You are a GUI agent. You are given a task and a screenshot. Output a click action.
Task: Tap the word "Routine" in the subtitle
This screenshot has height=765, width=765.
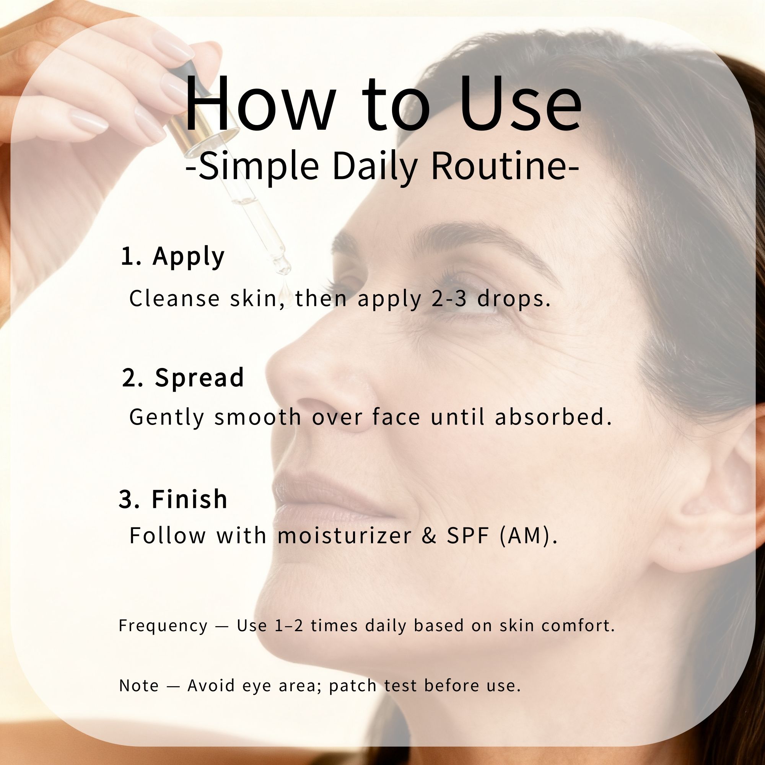click(498, 166)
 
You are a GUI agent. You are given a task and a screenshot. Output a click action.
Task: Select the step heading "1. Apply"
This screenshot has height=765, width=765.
click(173, 257)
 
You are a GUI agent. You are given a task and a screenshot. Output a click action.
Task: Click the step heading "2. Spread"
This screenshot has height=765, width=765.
click(182, 378)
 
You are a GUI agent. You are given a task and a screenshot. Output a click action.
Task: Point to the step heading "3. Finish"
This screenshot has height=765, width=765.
click(173, 498)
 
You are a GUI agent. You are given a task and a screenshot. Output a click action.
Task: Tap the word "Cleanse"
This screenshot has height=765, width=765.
click(174, 299)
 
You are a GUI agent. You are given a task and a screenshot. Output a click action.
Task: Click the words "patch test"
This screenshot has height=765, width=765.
click(373, 686)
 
